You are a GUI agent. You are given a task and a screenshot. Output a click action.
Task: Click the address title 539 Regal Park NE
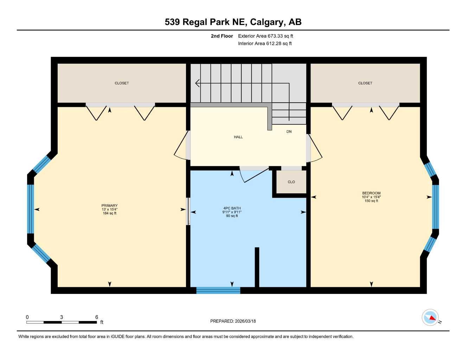click(233, 22)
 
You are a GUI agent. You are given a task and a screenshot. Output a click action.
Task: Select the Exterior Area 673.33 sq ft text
click(266, 36)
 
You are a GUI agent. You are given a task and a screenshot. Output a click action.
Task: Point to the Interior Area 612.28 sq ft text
click(265, 44)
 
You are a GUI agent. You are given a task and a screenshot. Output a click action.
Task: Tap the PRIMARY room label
click(109, 206)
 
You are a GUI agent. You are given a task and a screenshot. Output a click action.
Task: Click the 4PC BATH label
click(232, 208)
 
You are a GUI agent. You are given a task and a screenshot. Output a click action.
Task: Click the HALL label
click(238, 137)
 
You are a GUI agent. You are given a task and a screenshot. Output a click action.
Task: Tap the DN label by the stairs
click(289, 132)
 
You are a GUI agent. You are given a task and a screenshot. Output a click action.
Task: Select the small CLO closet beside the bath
click(291, 182)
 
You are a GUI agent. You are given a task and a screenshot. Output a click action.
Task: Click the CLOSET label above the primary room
click(122, 83)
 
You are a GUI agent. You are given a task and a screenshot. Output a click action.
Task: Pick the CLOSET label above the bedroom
click(365, 83)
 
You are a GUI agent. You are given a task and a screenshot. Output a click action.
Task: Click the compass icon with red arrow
click(430, 317)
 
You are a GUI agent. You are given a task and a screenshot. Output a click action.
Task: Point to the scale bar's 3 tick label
click(62, 317)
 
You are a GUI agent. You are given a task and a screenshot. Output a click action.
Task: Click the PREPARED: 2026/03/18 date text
click(233, 321)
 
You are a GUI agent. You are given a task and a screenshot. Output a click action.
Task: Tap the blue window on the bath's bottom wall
click(218, 290)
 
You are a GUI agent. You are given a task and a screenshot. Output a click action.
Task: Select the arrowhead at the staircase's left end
click(197, 83)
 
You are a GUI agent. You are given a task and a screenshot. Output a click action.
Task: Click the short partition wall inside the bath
click(257, 267)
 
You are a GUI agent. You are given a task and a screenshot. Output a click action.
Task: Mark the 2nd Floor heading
click(222, 36)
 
